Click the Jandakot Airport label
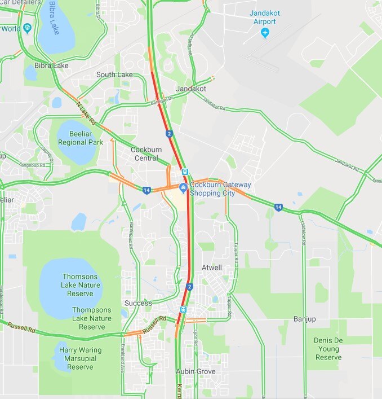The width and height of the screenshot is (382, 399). pyautogui.click(x=264, y=17)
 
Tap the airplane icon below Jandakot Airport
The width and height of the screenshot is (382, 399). pyautogui.click(x=265, y=33)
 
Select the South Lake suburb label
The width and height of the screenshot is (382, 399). pyautogui.click(x=114, y=74)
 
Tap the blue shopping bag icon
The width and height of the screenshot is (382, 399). pyautogui.click(x=183, y=187)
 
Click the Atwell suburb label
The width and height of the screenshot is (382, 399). pyautogui.click(x=212, y=268)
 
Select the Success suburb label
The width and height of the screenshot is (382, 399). pyautogui.click(x=138, y=303)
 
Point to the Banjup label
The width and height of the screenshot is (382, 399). pyautogui.click(x=304, y=319)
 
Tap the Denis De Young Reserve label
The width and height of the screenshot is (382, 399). pyautogui.click(x=328, y=348)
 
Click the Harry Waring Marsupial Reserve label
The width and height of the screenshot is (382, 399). pyautogui.click(x=80, y=358)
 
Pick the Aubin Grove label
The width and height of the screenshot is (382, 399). pyautogui.click(x=196, y=372)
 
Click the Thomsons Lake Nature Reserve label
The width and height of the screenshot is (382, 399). pyautogui.click(x=82, y=285)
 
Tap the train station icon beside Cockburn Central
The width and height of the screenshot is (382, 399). pyautogui.click(x=185, y=172)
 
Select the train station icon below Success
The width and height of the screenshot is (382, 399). pyautogui.click(x=183, y=309)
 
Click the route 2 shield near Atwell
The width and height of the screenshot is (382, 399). pyautogui.click(x=190, y=287)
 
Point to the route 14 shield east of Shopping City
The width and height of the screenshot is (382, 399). pyautogui.click(x=278, y=208)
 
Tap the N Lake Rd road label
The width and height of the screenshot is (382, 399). pyautogui.click(x=86, y=113)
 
